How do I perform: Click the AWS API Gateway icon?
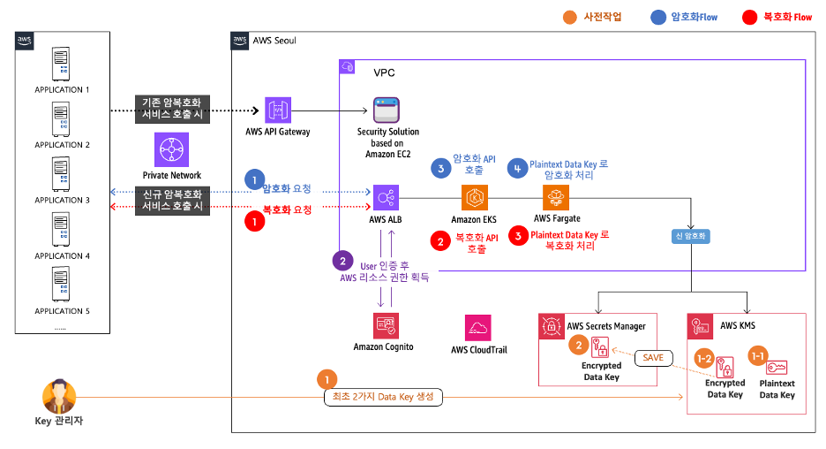[279, 111]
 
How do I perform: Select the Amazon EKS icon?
[474, 197]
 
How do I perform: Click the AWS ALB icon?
[387, 197]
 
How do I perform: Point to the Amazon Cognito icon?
[385, 325]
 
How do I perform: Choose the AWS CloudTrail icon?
[478, 328]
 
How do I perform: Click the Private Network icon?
[172, 150]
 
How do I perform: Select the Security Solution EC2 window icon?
[386, 111]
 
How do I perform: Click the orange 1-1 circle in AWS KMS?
[757, 355]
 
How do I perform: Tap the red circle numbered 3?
[518, 236]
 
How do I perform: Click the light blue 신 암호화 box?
[690, 236]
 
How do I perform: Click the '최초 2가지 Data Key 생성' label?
[381, 397]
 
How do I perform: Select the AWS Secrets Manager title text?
[606, 325]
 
